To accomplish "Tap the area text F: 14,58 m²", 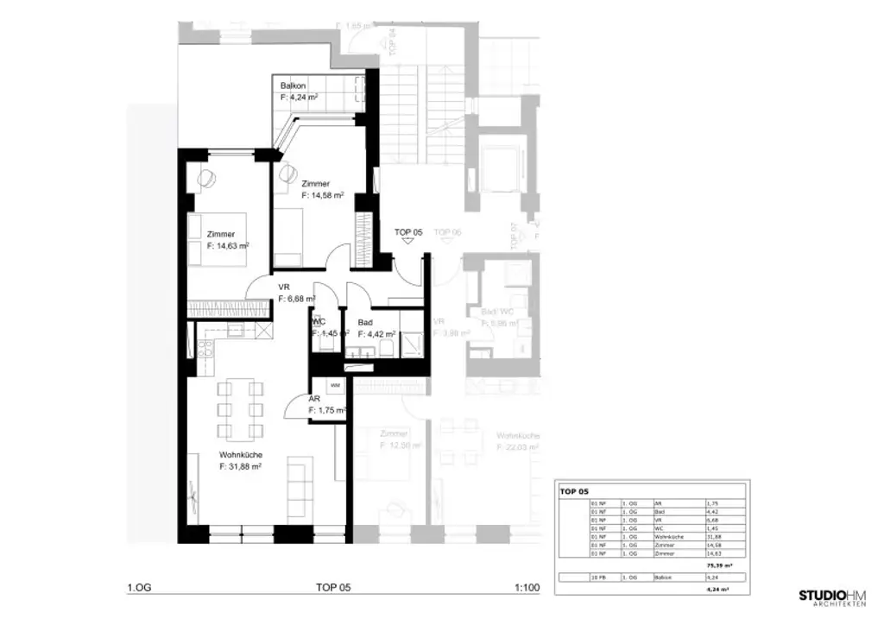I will [323, 196].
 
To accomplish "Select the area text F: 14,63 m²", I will [228, 246].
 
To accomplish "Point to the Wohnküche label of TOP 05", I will [241, 455].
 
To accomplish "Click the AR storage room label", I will [314, 399].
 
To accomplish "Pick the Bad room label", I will [365, 321].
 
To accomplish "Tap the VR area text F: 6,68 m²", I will [296, 300].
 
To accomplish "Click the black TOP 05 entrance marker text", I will [408, 232].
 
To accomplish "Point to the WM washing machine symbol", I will [334, 385].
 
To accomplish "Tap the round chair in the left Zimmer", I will [207, 180].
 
